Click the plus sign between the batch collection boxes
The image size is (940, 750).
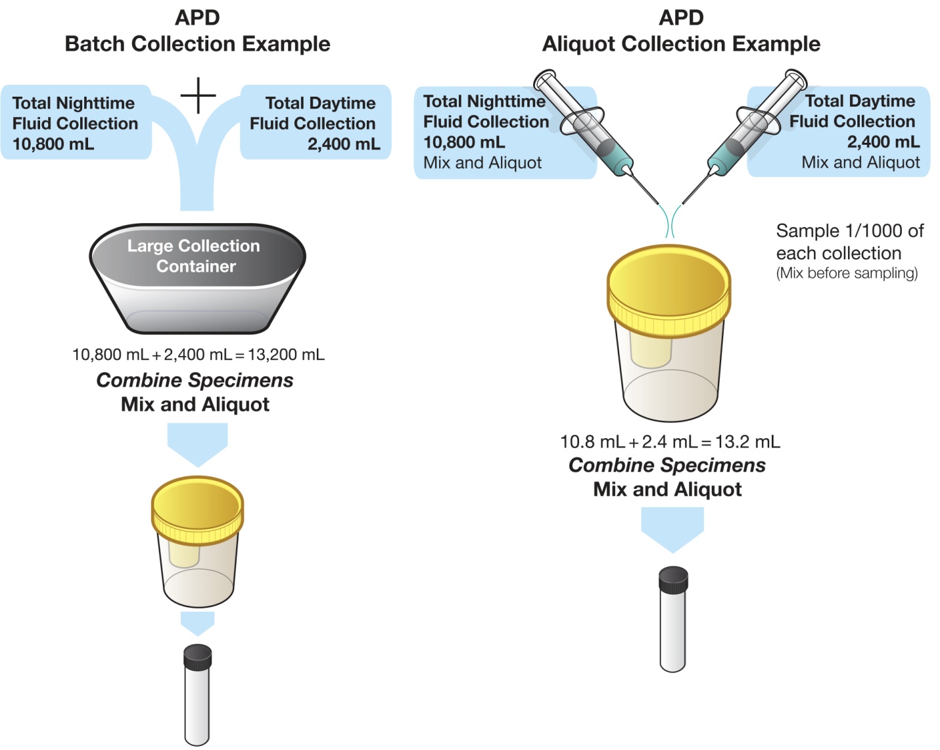[198, 95]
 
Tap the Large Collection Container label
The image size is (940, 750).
[195, 256]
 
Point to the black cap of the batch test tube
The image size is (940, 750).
[197, 657]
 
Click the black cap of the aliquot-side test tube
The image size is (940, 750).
[673, 580]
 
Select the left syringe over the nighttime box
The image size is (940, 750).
[585, 125]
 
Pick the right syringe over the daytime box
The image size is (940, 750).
[756, 125]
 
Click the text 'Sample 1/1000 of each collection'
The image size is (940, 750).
[849, 241]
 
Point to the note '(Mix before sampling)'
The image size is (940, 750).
[847, 273]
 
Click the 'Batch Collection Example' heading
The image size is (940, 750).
[197, 43]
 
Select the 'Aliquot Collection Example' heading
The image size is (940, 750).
[681, 43]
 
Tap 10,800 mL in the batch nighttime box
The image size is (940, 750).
[53, 144]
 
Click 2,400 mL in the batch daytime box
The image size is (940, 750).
[344, 144]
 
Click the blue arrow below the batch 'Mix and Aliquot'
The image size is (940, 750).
[197, 443]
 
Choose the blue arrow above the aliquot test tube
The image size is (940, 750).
[672, 528]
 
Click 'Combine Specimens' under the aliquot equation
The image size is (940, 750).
[667, 465]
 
